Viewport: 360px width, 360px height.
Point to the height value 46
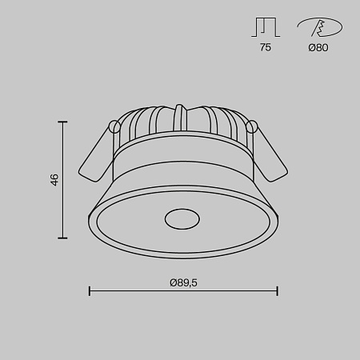pos(54,180)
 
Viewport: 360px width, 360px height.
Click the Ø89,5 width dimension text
pos(183,282)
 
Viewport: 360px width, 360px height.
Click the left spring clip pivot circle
pos(114,126)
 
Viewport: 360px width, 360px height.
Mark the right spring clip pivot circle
pos(253,126)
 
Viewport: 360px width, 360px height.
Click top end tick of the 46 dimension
pos(63,121)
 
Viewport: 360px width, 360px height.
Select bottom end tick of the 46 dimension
pos(63,238)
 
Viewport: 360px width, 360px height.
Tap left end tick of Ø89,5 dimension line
pos(89,291)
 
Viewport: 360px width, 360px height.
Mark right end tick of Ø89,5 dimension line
pos(277,291)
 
